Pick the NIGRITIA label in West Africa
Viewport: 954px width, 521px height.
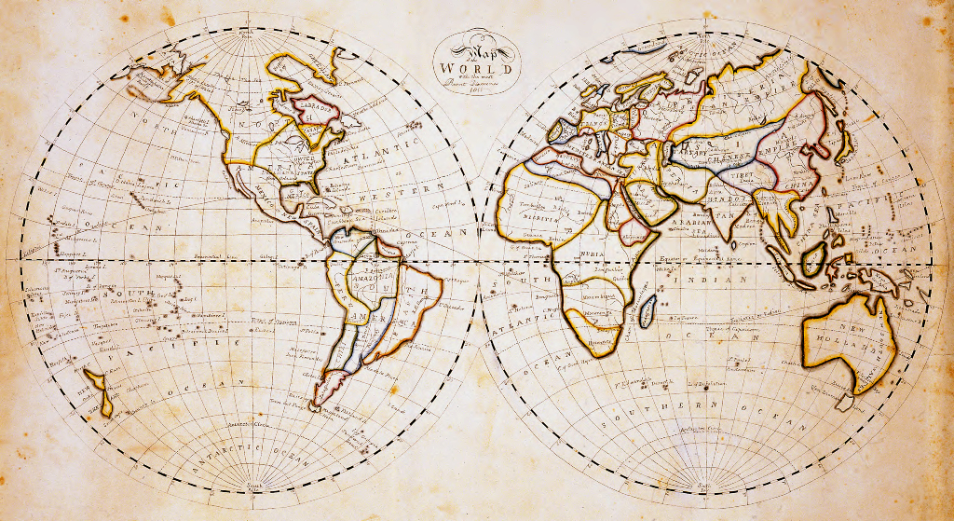528,213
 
